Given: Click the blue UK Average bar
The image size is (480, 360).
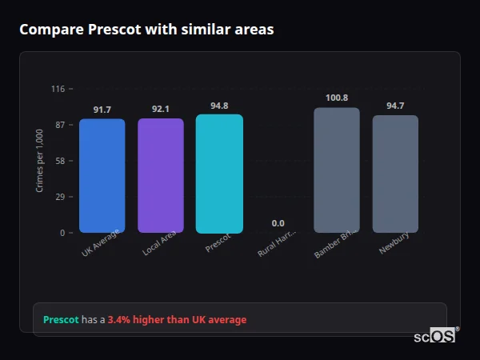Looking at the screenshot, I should click(x=102, y=176).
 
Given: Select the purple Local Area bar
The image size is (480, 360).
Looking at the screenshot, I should click(x=161, y=176).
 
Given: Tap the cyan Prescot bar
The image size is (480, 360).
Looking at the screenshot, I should click(x=219, y=174).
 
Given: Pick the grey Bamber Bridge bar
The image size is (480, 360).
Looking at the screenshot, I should click(x=337, y=170).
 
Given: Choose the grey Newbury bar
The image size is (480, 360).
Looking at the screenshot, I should click(x=395, y=174).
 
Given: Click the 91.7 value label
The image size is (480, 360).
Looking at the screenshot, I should click(x=102, y=110).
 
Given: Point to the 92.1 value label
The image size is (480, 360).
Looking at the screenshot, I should click(x=161, y=109).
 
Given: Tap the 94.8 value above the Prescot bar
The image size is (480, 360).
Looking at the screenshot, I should click(x=219, y=106).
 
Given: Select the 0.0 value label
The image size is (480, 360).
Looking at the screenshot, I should click(x=278, y=223).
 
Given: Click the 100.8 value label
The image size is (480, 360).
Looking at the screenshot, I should click(x=337, y=98).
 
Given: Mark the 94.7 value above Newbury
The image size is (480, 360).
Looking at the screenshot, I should click(x=395, y=106).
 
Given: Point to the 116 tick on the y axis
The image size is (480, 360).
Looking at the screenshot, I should click(x=58, y=89).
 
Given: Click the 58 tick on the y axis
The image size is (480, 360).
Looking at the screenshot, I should click(x=59, y=161).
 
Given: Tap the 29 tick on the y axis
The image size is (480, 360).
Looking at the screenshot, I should click(x=59, y=197).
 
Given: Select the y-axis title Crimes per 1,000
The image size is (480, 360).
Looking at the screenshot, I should click(x=40, y=161).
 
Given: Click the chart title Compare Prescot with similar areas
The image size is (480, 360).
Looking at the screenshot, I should click(x=146, y=30).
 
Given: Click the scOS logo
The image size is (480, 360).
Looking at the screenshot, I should click(x=434, y=336).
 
